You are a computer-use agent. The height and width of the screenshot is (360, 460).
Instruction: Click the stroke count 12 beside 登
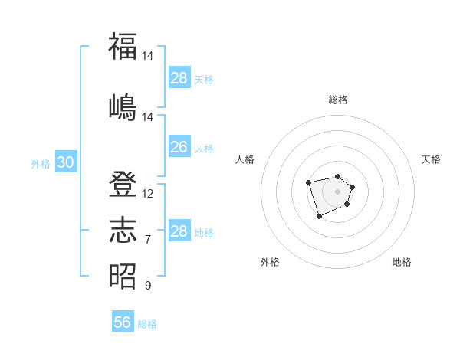(148, 194)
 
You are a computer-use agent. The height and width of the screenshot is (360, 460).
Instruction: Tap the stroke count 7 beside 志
(148, 240)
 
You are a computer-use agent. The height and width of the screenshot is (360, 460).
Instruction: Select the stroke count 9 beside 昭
(148, 286)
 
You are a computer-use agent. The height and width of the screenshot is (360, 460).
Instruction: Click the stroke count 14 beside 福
(148, 56)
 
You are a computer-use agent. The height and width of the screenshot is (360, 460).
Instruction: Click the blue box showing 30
(65, 162)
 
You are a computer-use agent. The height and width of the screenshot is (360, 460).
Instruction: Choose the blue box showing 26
(179, 147)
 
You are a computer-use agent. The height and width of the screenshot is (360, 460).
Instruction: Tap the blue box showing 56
(123, 322)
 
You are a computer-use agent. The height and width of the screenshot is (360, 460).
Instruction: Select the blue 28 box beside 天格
(179, 78)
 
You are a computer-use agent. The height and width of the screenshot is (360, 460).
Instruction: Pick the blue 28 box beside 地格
(179, 231)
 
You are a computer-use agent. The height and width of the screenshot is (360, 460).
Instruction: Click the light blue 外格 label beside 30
(41, 164)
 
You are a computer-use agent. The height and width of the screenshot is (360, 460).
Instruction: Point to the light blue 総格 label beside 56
(147, 324)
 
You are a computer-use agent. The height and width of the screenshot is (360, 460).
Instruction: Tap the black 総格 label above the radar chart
(338, 100)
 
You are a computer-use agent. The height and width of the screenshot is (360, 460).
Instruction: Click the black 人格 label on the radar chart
(245, 159)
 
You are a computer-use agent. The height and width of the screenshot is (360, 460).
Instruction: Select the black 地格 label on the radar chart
(402, 262)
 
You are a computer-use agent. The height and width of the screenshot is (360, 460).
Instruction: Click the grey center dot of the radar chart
(337, 191)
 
